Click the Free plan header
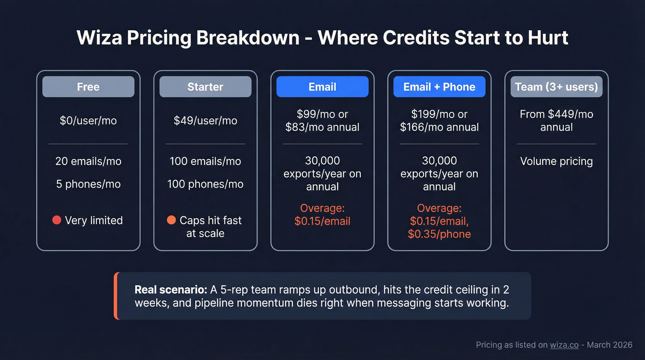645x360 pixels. click(x=88, y=87)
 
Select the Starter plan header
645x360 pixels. click(x=205, y=87)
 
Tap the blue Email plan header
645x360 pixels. click(x=322, y=87)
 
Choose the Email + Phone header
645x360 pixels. click(x=439, y=87)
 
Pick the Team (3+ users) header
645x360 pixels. click(x=556, y=87)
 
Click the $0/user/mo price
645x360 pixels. click(x=88, y=121)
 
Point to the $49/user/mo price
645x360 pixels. click(x=205, y=121)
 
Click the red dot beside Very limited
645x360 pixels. click(x=57, y=220)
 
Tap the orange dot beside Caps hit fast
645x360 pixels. click(x=171, y=220)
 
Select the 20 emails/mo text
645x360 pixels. click(x=88, y=161)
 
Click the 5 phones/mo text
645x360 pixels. click(x=88, y=184)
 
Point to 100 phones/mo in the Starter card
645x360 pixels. click(x=205, y=184)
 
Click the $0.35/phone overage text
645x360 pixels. click(x=439, y=234)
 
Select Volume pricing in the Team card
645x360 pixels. click(x=556, y=161)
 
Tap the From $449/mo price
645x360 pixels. click(x=556, y=114)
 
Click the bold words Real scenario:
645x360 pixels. click(x=170, y=290)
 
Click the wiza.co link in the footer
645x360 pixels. click(x=564, y=345)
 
